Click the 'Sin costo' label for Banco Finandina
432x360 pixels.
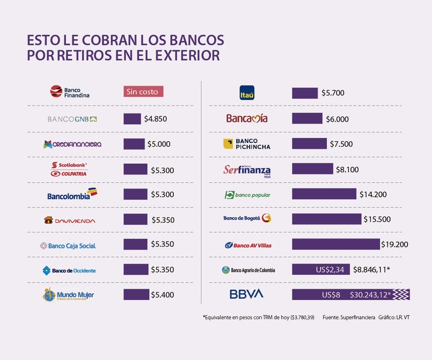coord(143,92)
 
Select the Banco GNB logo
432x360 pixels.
coord(72,119)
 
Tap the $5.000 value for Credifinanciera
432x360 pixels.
coord(159,144)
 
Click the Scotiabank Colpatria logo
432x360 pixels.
coord(69,169)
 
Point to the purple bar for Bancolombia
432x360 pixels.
coord(135,194)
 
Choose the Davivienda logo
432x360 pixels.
coord(70,220)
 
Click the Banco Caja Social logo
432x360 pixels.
coord(67,246)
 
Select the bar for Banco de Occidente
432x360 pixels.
coord(136,269)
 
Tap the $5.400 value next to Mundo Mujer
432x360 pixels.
coord(162,295)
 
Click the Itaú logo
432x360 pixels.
coord(247,93)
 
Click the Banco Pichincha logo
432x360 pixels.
coord(247,144)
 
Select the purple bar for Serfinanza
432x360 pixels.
coord(312,169)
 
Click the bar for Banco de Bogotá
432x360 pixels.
coord(326,219)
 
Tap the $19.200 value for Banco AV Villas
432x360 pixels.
coord(395,245)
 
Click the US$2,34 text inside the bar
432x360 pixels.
coord(330,270)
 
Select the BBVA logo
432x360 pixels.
coord(246,294)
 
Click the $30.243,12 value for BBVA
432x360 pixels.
coord(370,295)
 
